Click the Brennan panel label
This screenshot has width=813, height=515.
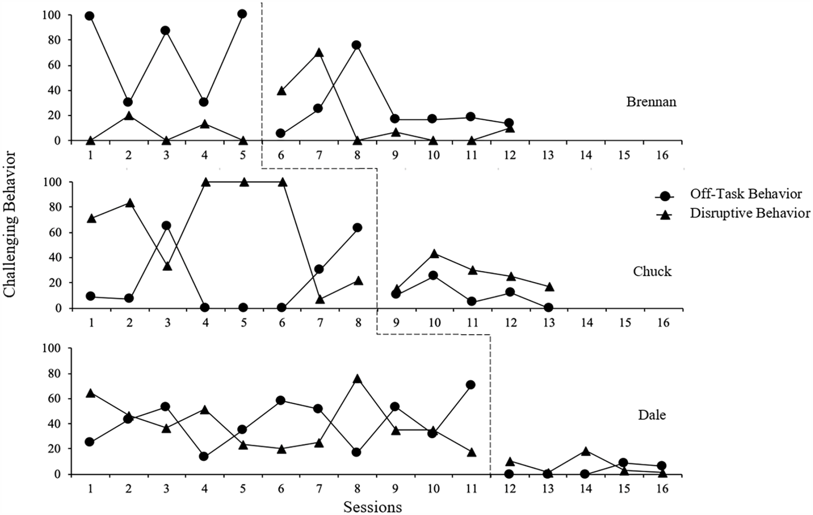tap(651, 102)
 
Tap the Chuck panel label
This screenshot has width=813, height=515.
tap(652, 271)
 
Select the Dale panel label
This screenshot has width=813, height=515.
tap(652, 415)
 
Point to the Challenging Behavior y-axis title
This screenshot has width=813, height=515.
tap(9, 224)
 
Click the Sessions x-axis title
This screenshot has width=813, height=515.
tap(372, 506)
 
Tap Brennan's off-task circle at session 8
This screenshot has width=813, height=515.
tap(357, 45)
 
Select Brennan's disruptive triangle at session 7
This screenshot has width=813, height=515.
tap(319, 52)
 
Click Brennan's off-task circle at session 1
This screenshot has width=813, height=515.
tap(90, 16)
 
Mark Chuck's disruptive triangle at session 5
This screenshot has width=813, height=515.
tap(244, 182)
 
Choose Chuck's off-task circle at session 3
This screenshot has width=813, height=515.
tap(166, 226)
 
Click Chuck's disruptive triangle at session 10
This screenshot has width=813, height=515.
tap(434, 253)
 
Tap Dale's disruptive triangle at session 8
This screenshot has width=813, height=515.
tap(357, 379)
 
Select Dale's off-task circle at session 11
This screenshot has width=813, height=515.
tap(471, 385)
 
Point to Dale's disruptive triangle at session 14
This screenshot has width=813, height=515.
tap(586, 451)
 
